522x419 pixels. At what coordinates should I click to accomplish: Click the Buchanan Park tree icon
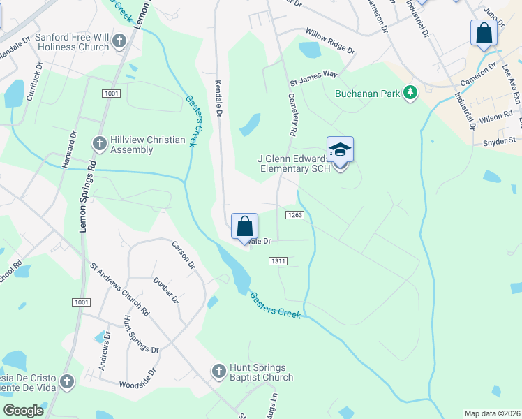(411, 93)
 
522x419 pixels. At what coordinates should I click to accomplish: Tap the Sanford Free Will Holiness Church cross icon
(119, 41)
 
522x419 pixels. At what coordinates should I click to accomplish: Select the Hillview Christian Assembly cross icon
(99, 143)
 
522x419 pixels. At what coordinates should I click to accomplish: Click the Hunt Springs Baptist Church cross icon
(218, 370)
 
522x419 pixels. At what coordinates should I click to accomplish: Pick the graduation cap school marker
(340, 150)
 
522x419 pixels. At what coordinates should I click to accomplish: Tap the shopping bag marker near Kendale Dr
(244, 227)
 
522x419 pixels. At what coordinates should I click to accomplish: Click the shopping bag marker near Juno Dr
(484, 33)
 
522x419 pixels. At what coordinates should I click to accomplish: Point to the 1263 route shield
(294, 215)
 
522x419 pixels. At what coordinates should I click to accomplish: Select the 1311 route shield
(278, 260)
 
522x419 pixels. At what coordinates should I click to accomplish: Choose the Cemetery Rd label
(292, 116)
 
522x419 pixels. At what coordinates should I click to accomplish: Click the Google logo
(24, 411)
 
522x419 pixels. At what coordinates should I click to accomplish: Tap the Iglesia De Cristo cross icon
(67, 381)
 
